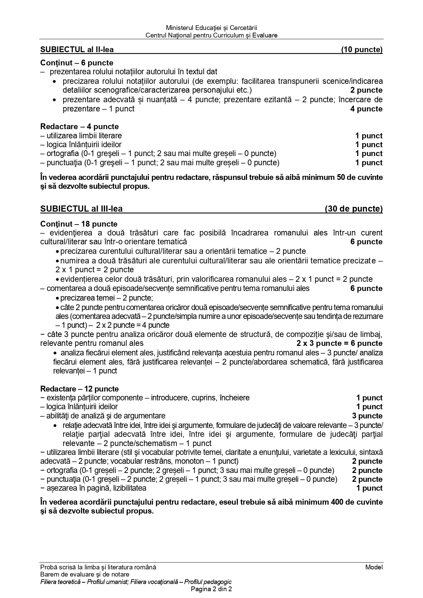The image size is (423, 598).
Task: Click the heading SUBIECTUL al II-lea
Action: [77, 50]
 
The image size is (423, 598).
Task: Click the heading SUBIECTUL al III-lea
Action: [81, 209]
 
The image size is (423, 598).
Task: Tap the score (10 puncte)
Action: [362, 50]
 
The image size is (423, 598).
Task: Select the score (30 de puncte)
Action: [353, 209]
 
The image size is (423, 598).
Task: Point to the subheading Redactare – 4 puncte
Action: [79, 127]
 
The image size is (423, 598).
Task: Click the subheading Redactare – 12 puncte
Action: [79, 389]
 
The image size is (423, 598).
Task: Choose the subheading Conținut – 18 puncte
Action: [79, 224]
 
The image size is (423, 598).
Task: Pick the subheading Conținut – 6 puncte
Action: [77, 63]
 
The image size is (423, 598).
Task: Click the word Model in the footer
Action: [374, 567]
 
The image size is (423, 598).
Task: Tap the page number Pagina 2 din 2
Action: [211, 589]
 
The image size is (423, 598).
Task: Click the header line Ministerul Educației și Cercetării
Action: [211, 28]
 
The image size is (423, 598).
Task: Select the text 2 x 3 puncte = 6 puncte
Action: [339, 343]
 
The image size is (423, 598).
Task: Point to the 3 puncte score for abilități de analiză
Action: [367, 416]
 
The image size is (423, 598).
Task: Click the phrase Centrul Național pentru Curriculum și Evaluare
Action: [211, 35]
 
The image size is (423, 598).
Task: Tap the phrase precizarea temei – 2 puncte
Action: [106, 298]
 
